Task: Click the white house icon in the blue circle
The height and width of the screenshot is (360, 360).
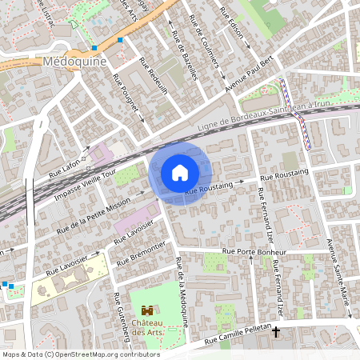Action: click(x=179, y=173)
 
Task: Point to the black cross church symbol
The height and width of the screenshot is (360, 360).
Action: click(x=276, y=330)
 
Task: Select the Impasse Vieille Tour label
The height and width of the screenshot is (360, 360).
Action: click(x=85, y=184)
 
